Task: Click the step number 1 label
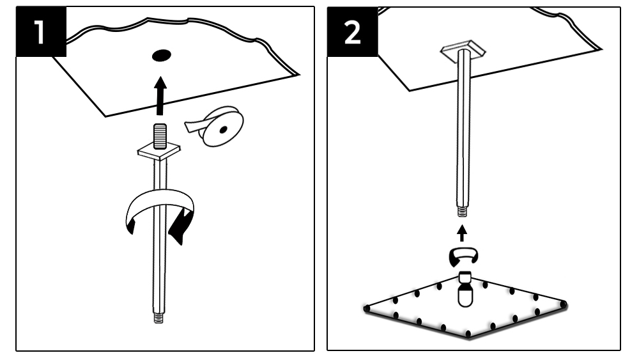coord(40,33)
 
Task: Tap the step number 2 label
coord(351,33)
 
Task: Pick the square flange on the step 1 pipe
coord(160,152)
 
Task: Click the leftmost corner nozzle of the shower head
coord(367,309)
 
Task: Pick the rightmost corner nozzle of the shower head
coord(564,303)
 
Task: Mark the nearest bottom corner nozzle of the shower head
coord(468,334)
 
